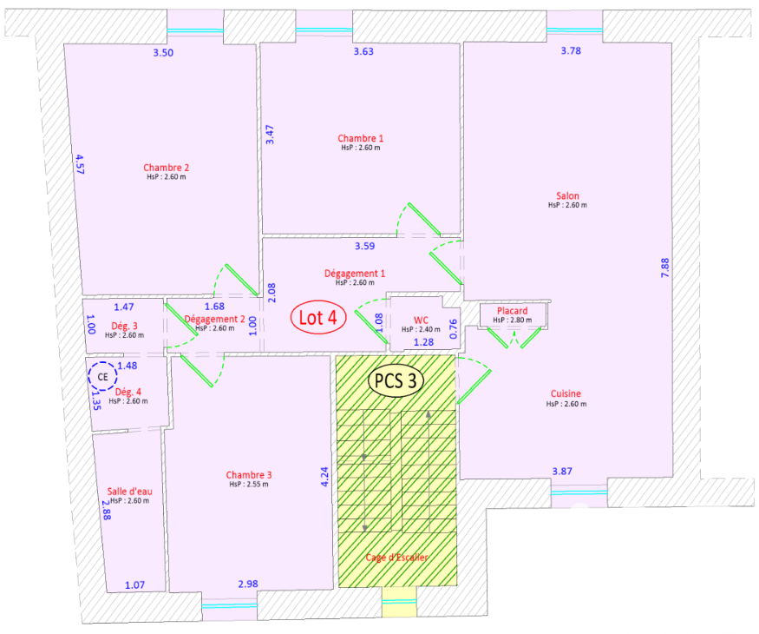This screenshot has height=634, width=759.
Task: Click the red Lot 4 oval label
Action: (x=317, y=318)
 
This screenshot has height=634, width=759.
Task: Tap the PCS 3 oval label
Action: (x=397, y=380)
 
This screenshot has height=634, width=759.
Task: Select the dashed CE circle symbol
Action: (x=102, y=377)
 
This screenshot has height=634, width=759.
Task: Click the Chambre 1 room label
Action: (x=360, y=138)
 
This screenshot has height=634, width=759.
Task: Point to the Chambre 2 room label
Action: (x=167, y=168)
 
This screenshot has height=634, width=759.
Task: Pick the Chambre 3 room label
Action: (x=249, y=475)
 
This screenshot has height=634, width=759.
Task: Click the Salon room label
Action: (x=567, y=196)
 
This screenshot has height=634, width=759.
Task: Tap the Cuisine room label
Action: (x=566, y=393)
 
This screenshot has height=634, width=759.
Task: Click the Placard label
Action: (x=513, y=311)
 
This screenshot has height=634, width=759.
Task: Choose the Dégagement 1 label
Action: (x=355, y=274)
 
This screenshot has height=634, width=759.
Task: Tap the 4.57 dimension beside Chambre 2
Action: (x=79, y=164)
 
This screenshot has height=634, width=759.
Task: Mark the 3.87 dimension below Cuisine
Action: (x=563, y=472)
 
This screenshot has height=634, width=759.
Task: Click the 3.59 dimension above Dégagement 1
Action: (x=364, y=246)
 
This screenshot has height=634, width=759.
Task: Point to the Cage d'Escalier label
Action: (x=396, y=558)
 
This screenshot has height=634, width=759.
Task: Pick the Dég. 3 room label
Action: (x=124, y=326)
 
